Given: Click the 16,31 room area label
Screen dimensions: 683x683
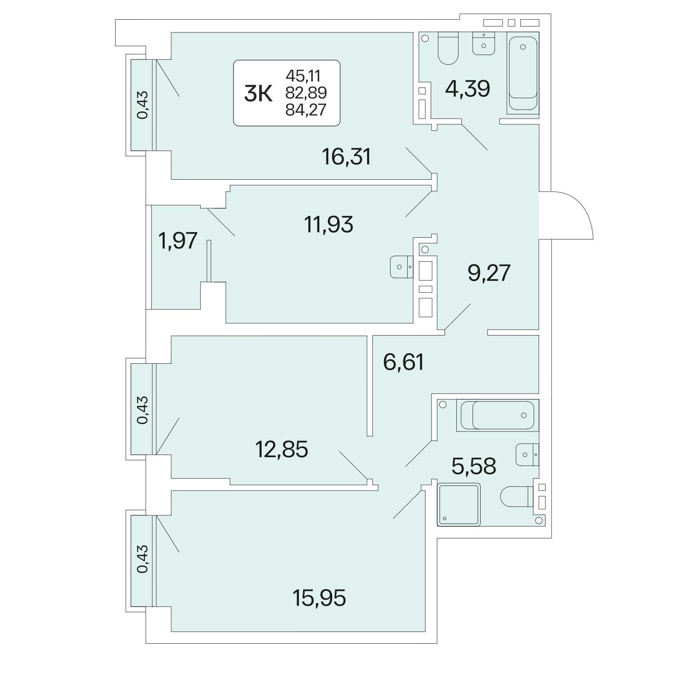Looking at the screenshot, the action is pyautogui.click(x=347, y=157).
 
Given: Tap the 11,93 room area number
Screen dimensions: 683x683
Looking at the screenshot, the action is pyautogui.click(x=329, y=224).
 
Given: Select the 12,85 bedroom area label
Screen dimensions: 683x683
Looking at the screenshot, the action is pyautogui.click(x=282, y=449).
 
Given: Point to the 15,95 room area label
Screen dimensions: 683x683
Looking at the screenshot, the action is pyautogui.click(x=319, y=598).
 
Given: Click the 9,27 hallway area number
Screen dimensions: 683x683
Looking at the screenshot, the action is pyautogui.click(x=489, y=273).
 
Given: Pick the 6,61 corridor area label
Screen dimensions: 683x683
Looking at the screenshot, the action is pyautogui.click(x=403, y=362).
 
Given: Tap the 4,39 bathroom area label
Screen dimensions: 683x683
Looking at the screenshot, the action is pyautogui.click(x=467, y=89).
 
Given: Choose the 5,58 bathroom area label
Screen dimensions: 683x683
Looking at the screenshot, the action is pyautogui.click(x=474, y=467).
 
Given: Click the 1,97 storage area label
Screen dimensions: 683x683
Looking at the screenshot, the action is pyautogui.click(x=178, y=241).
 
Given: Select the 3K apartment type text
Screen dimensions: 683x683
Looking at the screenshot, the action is pyautogui.click(x=258, y=94).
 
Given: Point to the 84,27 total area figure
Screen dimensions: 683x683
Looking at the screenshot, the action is pyautogui.click(x=306, y=110).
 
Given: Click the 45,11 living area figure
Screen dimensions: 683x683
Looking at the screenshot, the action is pyautogui.click(x=303, y=76).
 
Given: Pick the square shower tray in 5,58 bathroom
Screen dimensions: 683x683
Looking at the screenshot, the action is pyautogui.click(x=459, y=504).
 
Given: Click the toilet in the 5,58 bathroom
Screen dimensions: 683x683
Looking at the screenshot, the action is pyautogui.click(x=517, y=496).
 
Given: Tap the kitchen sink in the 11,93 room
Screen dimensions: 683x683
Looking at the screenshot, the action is pyautogui.click(x=402, y=267).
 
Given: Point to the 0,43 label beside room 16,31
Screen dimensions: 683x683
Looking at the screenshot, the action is pyautogui.click(x=143, y=105).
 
